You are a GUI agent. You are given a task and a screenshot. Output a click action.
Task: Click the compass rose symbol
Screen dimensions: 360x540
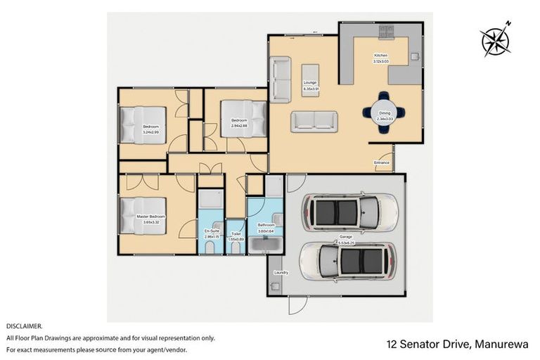click(x=496, y=40)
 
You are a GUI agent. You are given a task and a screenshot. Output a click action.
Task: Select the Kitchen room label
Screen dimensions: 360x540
click(x=380, y=56)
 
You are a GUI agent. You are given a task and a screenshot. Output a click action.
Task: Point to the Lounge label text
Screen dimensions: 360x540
click(x=311, y=84)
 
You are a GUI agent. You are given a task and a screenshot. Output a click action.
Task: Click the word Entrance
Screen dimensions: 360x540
click(x=382, y=163)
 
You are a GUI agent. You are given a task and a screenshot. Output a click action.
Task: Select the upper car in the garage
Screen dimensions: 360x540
click(x=349, y=210)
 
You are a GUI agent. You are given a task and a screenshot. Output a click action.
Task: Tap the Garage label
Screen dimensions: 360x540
click(x=345, y=237)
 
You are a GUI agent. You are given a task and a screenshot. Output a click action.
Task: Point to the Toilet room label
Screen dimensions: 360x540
click(x=236, y=233)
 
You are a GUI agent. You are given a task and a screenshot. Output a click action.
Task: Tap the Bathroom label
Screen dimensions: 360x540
click(x=265, y=225)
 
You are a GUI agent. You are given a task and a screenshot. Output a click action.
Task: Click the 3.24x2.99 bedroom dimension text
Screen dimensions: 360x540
click(x=150, y=132)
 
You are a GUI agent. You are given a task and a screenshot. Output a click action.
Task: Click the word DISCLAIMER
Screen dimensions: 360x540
click(x=25, y=326)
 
